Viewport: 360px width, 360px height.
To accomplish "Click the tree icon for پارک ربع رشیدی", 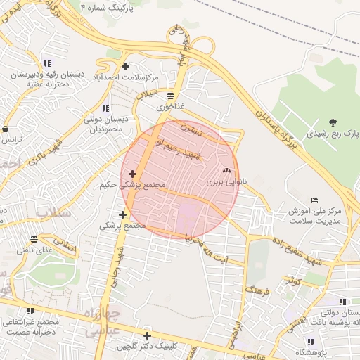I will point(333,122).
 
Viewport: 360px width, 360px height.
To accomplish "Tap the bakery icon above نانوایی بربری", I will point(226,171).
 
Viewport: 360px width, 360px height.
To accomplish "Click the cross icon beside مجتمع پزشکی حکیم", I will point(132,173).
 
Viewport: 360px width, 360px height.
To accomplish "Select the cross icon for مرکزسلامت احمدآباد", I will point(125,67).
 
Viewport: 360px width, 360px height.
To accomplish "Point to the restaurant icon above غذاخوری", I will point(171,96).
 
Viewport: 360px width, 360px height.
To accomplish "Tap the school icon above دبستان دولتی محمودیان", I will point(105,108).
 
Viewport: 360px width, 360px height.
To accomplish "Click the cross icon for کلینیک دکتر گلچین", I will point(147,335).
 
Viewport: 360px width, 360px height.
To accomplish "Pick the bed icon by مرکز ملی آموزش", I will point(314,200).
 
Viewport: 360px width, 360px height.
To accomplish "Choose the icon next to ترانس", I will point(5,129).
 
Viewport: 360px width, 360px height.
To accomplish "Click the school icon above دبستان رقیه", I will point(46,63).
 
